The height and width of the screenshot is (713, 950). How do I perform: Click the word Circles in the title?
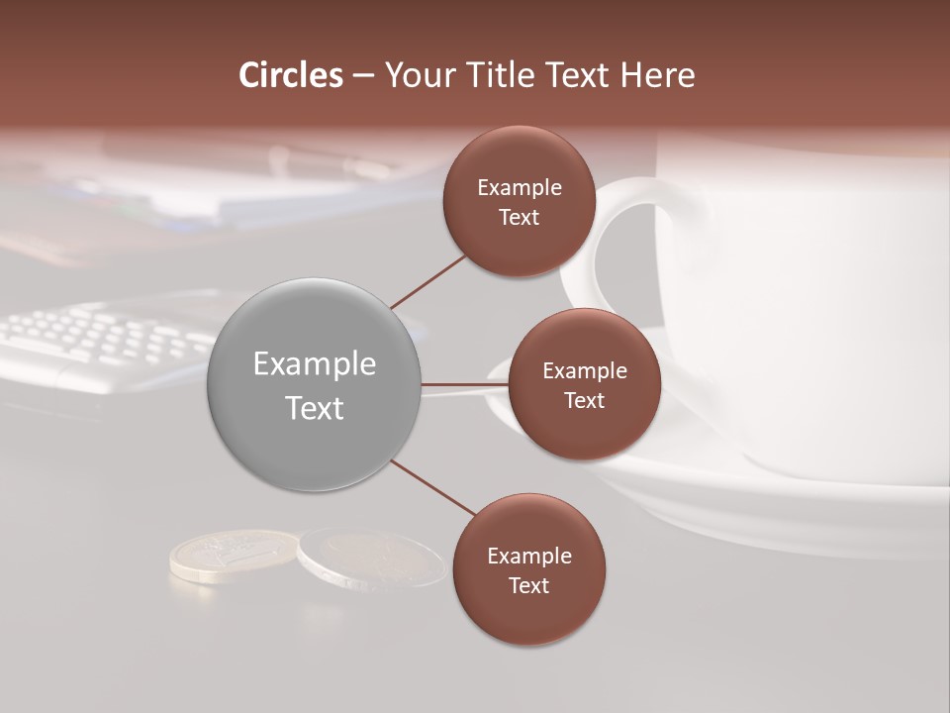point(291,75)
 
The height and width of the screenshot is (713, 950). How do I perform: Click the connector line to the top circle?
point(427,282)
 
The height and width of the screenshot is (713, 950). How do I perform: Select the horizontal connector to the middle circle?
point(465,384)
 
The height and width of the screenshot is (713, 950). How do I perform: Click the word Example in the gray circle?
point(315,364)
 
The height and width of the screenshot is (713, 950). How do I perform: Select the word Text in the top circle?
point(519,218)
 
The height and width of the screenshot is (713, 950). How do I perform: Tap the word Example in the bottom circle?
point(529,557)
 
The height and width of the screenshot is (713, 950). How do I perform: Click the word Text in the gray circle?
point(315,408)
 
